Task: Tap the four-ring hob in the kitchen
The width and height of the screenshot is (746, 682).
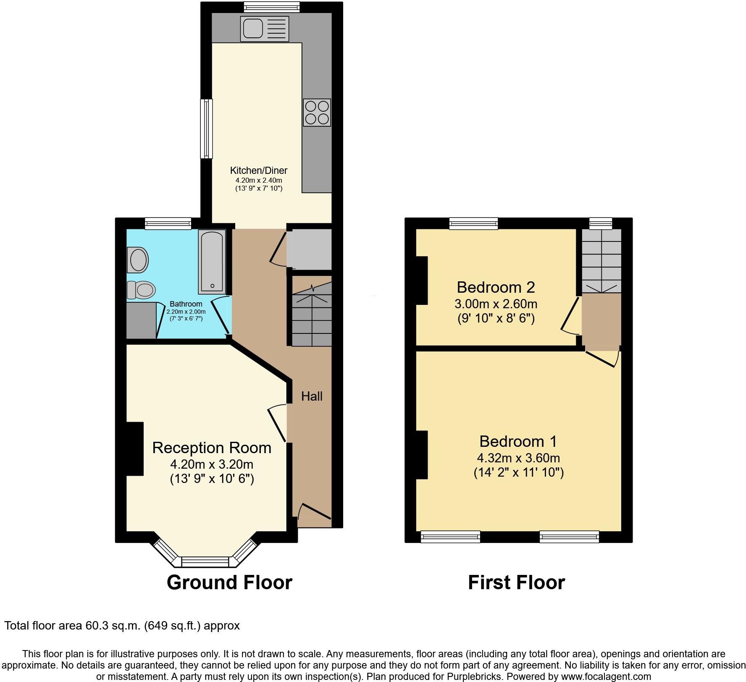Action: pyautogui.click(x=317, y=113)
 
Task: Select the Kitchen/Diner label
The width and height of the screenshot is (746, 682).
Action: pyautogui.click(x=259, y=170)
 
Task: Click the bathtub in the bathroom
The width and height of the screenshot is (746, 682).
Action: pyautogui.click(x=212, y=261)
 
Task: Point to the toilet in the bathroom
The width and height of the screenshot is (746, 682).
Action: pyautogui.click(x=142, y=290)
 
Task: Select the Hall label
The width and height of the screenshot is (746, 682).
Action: pyautogui.click(x=312, y=396)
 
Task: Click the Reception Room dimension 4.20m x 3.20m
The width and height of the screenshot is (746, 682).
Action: pyautogui.click(x=211, y=464)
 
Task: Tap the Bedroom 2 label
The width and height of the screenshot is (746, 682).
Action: pyautogui.click(x=496, y=287)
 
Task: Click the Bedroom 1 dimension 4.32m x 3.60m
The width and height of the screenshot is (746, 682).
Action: pyautogui.click(x=518, y=458)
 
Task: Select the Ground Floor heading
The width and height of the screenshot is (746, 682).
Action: pyautogui.click(x=229, y=582)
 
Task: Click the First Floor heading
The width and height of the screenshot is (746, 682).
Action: pyautogui.click(x=516, y=582)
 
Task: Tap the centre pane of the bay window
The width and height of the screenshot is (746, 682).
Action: pyautogui.click(x=205, y=561)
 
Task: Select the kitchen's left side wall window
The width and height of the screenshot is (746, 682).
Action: pyautogui.click(x=206, y=129)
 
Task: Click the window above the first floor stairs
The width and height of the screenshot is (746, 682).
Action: pyautogui.click(x=601, y=223)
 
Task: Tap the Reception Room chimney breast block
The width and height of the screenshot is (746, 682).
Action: pyautogui.click(x=135, y=449)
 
